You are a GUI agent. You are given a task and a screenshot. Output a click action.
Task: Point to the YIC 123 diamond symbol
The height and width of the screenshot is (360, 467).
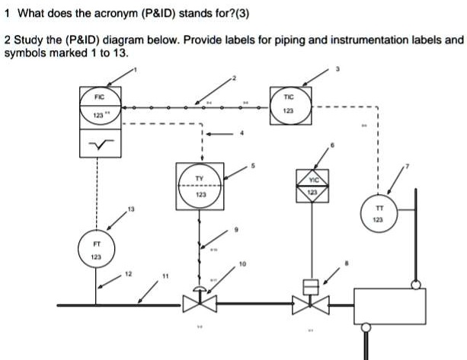tap(312, 186)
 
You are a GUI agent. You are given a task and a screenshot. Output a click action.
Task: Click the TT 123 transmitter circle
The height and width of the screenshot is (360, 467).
tap(378, 213)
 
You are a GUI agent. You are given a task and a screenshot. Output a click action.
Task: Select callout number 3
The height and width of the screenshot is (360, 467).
tap(337, 72)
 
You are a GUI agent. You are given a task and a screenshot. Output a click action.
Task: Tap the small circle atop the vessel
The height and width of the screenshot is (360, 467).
tap(416, 285)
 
